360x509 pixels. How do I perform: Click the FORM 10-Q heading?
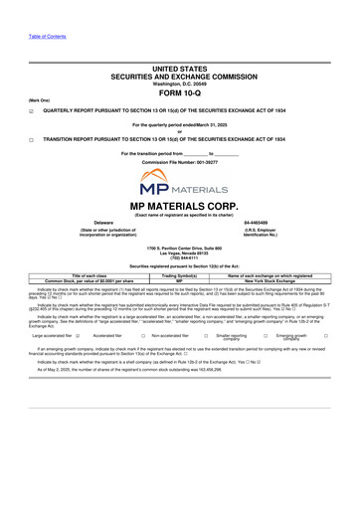[179, 94]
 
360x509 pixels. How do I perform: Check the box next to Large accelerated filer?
[78, 337]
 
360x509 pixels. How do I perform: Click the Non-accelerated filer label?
[174, 337]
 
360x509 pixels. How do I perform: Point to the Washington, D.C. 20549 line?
[179, 83]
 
